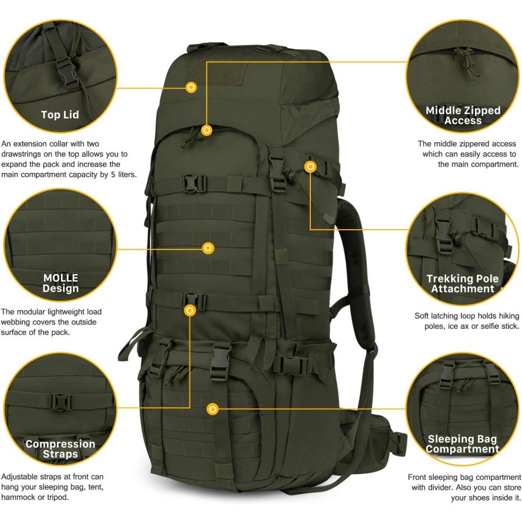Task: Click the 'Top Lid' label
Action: click(60, 114)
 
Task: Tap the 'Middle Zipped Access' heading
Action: click(463, 115)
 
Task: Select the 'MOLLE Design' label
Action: click(60, 283)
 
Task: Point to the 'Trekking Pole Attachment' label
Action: click(463, 284)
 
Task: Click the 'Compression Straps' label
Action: click(60, 448)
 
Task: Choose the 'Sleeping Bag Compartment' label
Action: click(462, 444)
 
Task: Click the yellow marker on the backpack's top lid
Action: click(191, 88)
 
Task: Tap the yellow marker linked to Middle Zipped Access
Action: click(206, 130)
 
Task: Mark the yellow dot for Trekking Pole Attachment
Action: click(310, 167)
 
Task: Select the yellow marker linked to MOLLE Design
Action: click(208, 248)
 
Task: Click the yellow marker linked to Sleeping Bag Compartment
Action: click(213, 409)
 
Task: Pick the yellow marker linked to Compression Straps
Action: click(190, 311)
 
